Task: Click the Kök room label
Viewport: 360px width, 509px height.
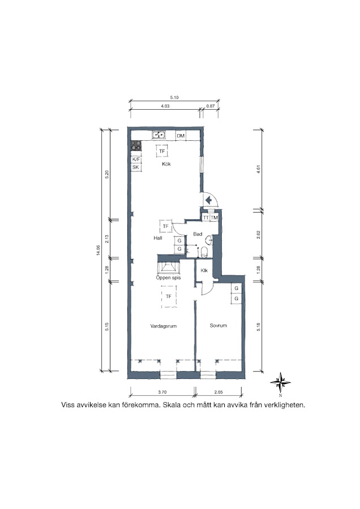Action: (x=166, y=164)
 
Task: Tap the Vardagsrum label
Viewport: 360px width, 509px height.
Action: (x=164, y=326)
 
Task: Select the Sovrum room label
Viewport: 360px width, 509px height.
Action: (x=218, y=325)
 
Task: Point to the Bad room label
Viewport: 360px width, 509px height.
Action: (x=198, y=234)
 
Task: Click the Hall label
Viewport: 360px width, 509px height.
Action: (x=158, y=238)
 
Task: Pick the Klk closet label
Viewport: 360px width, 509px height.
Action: (x=204, y=270)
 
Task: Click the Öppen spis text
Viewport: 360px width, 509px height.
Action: (x=168, y=278)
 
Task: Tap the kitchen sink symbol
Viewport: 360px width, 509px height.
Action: (x=159, y=135)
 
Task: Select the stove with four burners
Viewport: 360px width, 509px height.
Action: (x=136, y=146)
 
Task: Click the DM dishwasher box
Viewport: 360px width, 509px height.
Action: (x=181, y=136)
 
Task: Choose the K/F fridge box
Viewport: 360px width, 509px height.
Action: (x=136, y=159)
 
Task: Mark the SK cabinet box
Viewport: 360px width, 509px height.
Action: (x=136, y=167)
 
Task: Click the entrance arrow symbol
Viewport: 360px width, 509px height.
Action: (x=208, y=200)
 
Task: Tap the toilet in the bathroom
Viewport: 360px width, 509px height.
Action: (x=204, y=252)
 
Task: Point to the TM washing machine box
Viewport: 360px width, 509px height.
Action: (x=214, y=218)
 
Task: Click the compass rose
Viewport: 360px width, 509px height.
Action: (x=280, y=383)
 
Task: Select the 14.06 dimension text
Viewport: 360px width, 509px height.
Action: (x=98, y=251)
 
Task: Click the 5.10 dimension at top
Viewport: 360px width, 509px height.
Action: (x=174, y=97)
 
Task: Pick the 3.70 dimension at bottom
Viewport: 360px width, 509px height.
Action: (x=162, y=392)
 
